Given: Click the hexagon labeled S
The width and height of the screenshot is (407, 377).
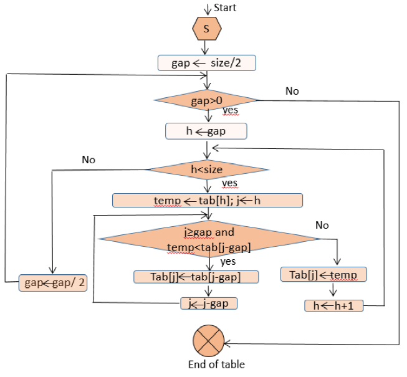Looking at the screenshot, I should (207, 29).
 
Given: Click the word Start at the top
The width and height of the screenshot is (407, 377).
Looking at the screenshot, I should (225, 7).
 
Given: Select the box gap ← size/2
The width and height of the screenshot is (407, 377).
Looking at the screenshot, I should (206, 62).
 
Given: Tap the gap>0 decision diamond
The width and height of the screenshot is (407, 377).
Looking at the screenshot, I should (206, 100).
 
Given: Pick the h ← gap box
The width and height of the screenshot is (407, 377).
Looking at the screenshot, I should (206, 131).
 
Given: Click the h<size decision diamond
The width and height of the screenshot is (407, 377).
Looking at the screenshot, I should (206, 168).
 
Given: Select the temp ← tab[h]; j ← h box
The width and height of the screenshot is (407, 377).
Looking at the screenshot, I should (207, 200).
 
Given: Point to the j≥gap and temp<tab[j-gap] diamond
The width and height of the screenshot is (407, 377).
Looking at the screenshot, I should (209, 240).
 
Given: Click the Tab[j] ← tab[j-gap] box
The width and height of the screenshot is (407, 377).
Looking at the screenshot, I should (196, 277).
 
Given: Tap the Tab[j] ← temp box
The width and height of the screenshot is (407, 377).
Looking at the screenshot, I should (323, 274).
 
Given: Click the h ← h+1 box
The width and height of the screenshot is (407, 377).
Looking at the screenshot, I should (333, 306).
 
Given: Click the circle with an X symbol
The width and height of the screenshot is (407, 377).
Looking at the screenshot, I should (208, 341).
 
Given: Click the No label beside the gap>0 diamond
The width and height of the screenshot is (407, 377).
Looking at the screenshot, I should (292, 91).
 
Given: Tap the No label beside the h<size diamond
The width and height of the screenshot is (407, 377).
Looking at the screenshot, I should (89, 160).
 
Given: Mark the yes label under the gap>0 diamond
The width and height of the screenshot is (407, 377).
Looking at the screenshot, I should (230, 110).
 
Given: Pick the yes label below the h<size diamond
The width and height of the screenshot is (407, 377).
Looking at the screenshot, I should (229, 183).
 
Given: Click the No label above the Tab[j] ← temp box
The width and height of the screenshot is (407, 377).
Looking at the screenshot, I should (322, 225).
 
